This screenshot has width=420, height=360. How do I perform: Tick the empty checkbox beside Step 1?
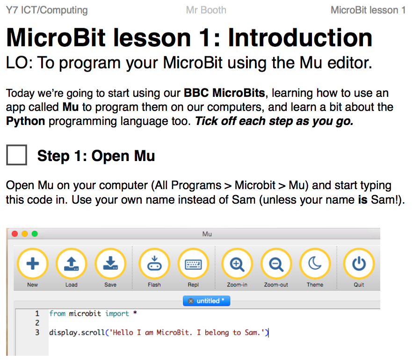click(17, 155)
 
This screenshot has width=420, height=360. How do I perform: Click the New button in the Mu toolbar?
click(33, 264)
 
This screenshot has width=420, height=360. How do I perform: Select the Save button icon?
click(110, 264)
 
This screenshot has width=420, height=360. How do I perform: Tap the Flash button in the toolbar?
click(154, 264)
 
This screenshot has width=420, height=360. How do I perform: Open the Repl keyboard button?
click(193, 264)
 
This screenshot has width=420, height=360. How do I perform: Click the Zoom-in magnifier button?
click(237, 264)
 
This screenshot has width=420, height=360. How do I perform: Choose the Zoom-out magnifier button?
click(276, 264)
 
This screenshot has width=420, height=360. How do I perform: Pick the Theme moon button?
click(315, 264)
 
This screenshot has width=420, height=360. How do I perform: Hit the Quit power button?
click(359, 264)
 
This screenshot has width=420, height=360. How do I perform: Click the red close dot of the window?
click(14, 234)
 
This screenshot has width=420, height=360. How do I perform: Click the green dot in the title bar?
click(35, 234)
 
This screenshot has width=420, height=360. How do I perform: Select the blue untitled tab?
click(207, 301)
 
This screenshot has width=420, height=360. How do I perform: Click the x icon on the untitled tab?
click(191, 301)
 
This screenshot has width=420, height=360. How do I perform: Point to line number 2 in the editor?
click(37, 323)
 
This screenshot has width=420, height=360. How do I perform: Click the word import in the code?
click(117, 314)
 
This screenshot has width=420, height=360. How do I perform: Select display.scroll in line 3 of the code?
click(77, 333)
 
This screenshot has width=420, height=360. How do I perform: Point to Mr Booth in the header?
click(206, 10)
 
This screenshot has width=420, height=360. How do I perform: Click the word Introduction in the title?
click(300, 38)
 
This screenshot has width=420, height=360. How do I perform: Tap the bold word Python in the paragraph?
click(25, 121)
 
